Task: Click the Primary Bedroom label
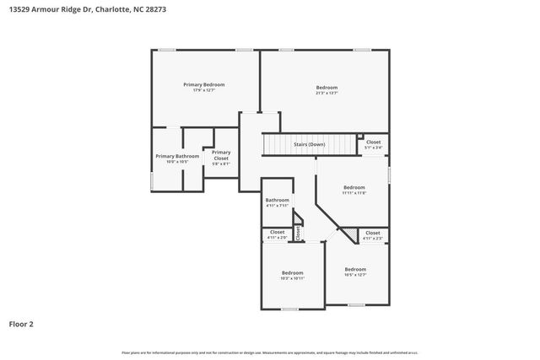point(204,84)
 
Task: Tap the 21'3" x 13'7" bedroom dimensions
point(327,94)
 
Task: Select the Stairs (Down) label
point(309,144)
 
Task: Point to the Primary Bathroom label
point(177,156)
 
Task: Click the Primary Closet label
point(221,155)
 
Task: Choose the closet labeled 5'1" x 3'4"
point(373,148)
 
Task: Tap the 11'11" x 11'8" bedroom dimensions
point(354,193)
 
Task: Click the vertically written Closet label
point(298,232)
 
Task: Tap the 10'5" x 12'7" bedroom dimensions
point(355,275)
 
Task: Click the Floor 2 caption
point(21,323)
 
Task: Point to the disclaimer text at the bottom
point(270,352)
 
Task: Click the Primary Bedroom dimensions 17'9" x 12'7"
point(204,90)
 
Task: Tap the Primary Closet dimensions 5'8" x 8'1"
point(221,164)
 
